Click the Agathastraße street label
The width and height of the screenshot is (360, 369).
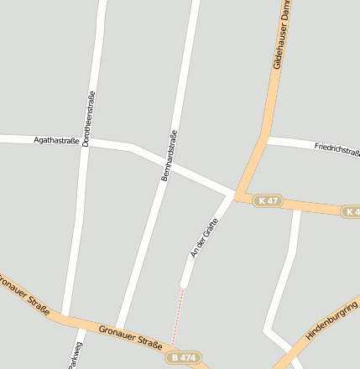(x=57, y=140)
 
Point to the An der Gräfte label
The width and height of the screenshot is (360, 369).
(x=205, y=238)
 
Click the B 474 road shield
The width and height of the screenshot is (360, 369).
(x=183, y=358)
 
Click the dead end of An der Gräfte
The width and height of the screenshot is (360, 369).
(x=183, y=284)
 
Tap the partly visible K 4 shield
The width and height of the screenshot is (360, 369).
(x=351, y=212)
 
